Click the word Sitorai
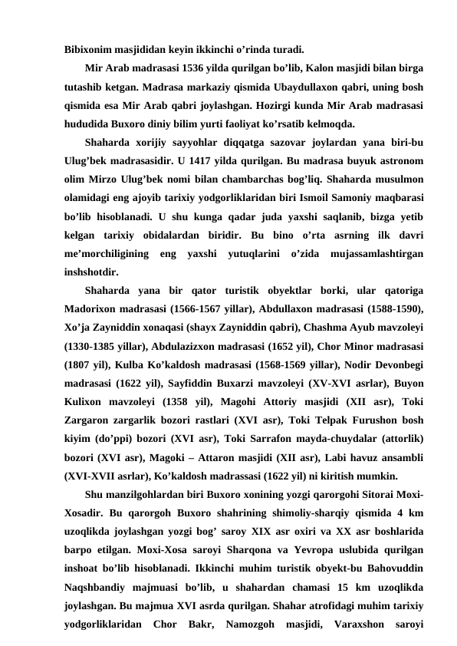point(368,491)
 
